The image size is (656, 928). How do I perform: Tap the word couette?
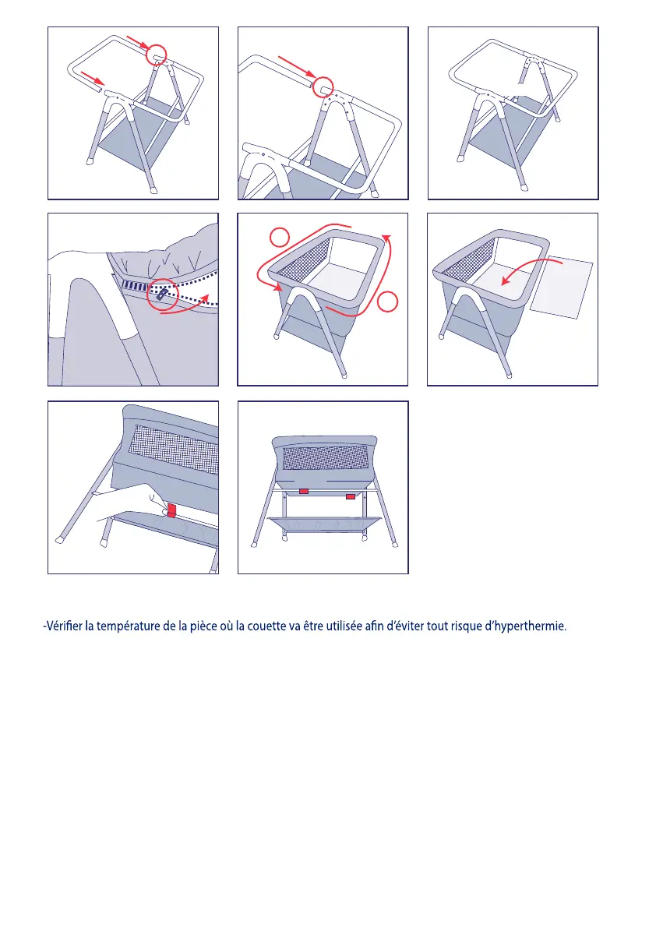[266, 626]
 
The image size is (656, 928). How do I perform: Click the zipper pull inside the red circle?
[161, 295]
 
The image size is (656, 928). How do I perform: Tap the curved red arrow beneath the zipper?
[185, 306]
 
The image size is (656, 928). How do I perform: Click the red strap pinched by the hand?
[171, 510]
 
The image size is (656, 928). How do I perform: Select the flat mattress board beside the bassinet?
[561, 287]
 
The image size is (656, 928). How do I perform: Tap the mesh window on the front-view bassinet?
[323, 457]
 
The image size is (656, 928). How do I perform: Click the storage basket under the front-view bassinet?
[324, 525]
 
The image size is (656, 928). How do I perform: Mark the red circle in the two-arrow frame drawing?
[156, 55]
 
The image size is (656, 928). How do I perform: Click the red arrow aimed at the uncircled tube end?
[93, 79]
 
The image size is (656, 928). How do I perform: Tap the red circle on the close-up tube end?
[323, 87]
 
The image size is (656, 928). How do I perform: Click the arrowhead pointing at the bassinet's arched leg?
[277, 288]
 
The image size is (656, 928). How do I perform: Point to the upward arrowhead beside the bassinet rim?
[387, 239]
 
